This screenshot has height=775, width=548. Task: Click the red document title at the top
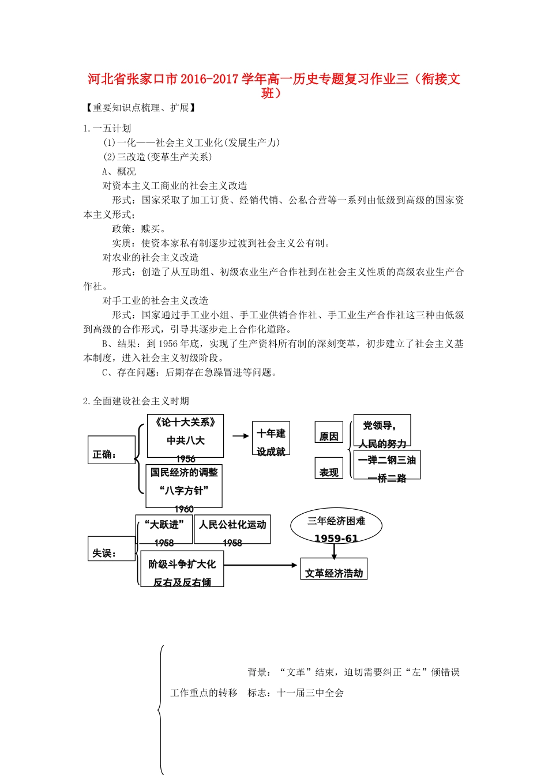click(x=274, y=85)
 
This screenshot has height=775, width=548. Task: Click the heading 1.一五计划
click(x=107, y=128)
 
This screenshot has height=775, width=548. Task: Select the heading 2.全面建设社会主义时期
click(x=136, y=401)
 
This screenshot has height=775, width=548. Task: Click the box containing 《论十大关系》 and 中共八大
click(x=185, y=436)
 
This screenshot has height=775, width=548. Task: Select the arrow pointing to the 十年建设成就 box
click(x=241, y=436)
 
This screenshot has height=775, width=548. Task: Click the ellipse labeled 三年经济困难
click(x=336, y=526)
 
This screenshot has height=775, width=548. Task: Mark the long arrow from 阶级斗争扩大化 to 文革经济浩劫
click(x=261, y=565)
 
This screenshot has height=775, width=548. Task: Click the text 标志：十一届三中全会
click(x=295, y=693)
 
